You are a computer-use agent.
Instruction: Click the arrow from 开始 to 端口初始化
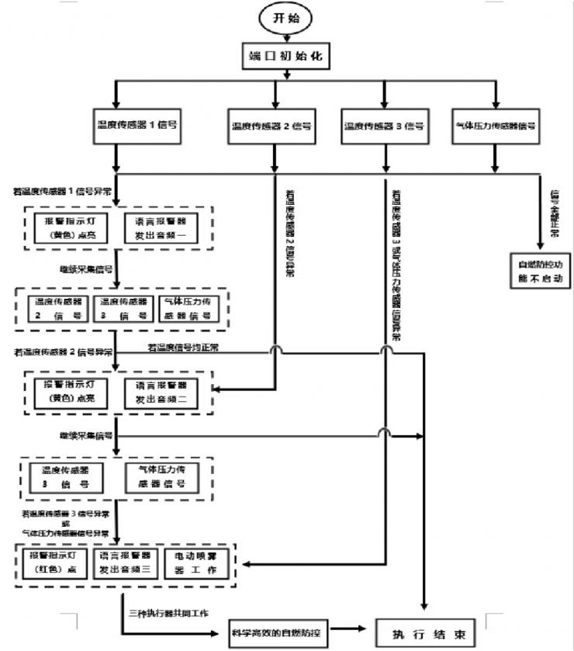(x=289, y=36)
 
